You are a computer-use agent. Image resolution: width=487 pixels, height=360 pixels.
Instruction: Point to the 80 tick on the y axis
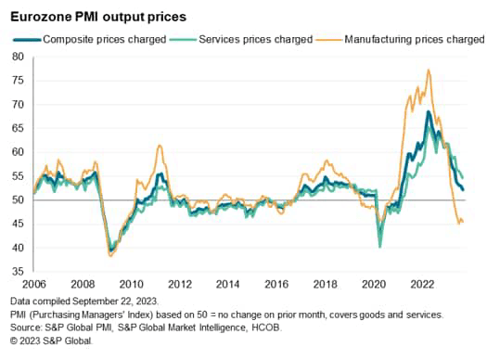pos(18,57)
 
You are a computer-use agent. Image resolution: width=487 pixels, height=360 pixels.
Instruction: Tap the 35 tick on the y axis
pos(18,272)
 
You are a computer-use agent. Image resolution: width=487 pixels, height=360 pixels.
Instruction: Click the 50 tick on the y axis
pos(18,200)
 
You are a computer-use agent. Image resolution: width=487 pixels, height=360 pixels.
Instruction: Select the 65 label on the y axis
pos(18,128)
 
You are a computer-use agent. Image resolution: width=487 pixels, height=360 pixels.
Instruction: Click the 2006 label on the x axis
pos(33,284)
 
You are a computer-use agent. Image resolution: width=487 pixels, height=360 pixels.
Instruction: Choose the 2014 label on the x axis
pos(227,284)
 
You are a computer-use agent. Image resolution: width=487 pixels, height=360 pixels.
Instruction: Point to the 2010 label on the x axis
pos(130,284)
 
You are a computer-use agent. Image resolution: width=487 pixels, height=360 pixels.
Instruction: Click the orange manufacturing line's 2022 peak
pos(428,70)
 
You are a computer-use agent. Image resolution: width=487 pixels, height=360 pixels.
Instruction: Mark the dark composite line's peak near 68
pos(428,112)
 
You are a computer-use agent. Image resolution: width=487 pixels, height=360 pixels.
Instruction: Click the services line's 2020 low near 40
pos(379,246)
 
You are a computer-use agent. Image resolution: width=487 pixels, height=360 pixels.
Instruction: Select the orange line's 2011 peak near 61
pos(160,146)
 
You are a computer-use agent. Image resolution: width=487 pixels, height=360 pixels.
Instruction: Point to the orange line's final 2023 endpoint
pos(463,222)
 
